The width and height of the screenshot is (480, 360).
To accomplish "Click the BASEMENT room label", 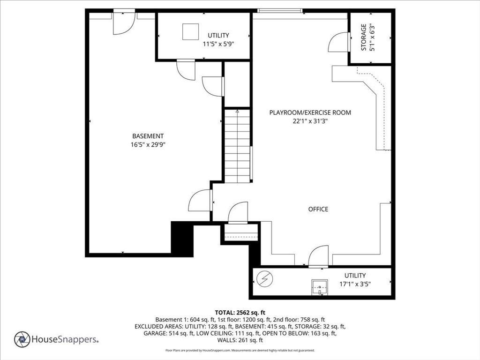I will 148,136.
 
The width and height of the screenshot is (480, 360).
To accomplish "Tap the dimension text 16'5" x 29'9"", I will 148,144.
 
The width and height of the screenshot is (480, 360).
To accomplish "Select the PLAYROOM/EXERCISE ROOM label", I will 310,112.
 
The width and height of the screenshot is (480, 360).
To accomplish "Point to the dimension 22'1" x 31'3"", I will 310,121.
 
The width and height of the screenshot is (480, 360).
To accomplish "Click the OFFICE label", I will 318,209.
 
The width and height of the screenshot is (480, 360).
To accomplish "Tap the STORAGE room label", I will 363,37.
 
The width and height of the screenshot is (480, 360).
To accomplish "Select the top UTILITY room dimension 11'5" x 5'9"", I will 218,44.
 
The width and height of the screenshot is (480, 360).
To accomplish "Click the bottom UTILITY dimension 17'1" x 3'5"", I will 355,284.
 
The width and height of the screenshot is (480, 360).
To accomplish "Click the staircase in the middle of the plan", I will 237,145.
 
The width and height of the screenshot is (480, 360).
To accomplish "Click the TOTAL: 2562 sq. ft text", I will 240,312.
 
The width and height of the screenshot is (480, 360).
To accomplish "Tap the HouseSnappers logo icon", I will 22,339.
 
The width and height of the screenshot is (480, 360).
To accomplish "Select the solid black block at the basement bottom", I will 182,239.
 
